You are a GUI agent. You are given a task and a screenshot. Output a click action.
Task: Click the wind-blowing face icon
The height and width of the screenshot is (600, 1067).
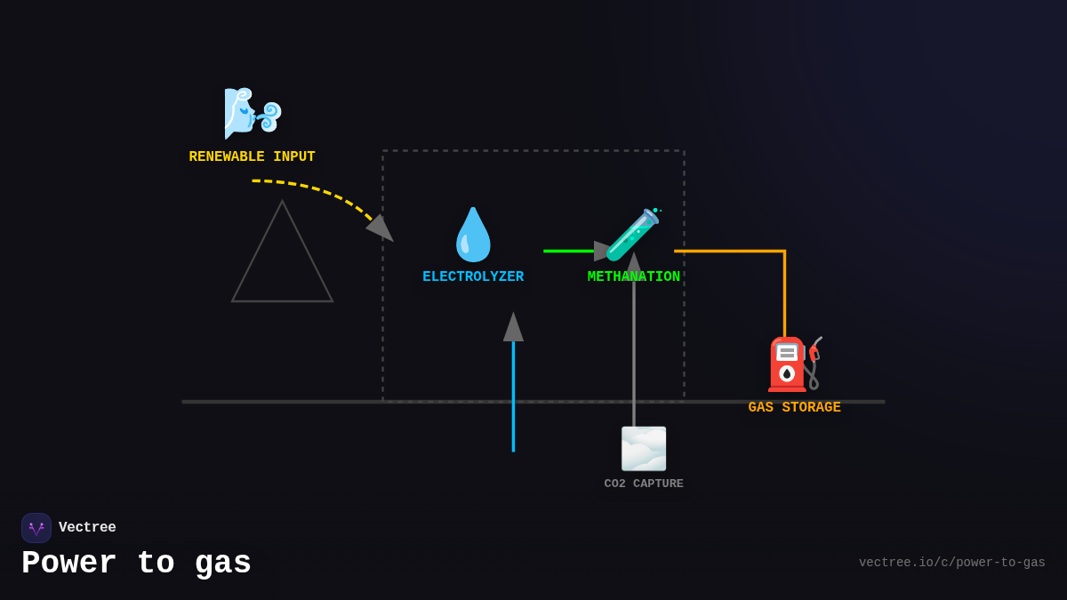253,114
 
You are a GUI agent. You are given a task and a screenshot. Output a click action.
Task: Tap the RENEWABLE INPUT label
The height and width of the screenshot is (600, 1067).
252,157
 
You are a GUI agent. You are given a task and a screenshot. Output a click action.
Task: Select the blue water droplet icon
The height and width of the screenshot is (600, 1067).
473,235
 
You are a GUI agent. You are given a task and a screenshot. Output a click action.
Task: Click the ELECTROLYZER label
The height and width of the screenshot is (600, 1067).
473,277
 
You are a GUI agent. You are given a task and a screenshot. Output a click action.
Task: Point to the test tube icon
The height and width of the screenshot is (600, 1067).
633,235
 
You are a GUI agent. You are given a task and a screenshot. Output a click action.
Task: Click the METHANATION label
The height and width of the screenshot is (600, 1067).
633,277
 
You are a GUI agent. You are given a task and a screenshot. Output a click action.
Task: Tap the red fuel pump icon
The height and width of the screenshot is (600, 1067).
792,364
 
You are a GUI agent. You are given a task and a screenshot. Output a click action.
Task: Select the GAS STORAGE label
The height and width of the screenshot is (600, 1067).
794,408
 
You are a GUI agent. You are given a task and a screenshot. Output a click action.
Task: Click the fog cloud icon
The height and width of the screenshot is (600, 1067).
644,449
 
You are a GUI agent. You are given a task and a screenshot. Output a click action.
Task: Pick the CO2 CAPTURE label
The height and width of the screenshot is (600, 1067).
644,484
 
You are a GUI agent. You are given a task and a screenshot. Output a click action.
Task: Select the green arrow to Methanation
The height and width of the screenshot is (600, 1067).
569,252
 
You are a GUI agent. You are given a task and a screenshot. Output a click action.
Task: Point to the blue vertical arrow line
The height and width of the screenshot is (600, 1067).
513,400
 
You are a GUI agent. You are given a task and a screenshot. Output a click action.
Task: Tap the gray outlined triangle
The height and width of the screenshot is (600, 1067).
283,267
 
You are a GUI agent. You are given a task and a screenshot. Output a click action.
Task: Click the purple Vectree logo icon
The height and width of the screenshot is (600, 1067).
36,528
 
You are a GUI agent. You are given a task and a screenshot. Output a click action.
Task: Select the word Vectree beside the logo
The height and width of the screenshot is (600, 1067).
87,528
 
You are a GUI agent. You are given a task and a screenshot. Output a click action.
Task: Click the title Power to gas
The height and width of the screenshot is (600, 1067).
136,564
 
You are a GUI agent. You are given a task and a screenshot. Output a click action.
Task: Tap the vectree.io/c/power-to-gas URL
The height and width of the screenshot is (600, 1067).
951,563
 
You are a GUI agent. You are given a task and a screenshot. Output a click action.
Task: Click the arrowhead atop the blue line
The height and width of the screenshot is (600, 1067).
513,328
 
